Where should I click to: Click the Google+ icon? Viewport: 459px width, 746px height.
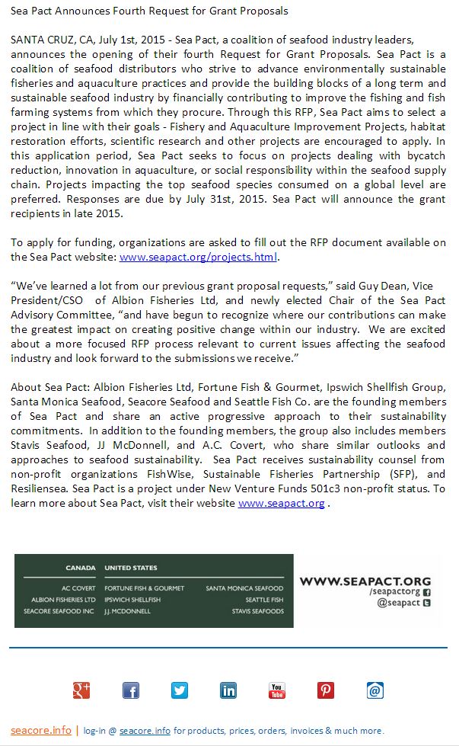click(81, 690)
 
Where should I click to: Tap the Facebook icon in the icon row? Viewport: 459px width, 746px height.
click(131, 690)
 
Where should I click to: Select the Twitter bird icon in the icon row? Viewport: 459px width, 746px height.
click(180, 690)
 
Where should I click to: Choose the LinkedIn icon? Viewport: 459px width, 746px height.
click(228, 690)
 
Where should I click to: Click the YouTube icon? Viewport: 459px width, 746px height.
click(277, 690)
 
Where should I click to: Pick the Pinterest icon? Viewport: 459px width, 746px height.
click(326, 690)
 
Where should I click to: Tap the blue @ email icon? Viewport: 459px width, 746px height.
click(375, 690)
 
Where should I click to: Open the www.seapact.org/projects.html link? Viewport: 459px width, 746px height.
click(198, 257)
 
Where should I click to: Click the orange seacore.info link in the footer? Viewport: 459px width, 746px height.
click(41, 730)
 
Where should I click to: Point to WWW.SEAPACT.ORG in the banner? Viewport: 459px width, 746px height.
click(365, 581)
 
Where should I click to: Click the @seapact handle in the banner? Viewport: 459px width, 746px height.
click(399, 603)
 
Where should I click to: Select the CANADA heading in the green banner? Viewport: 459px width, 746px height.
click(81, 568)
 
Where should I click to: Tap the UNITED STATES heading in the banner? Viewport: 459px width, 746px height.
click(131, 568)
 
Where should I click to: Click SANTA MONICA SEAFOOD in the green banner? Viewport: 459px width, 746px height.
click(244, 588)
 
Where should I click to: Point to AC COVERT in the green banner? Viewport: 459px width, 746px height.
click(78, 588)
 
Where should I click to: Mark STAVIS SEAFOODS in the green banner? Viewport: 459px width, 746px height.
click(258, 611)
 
